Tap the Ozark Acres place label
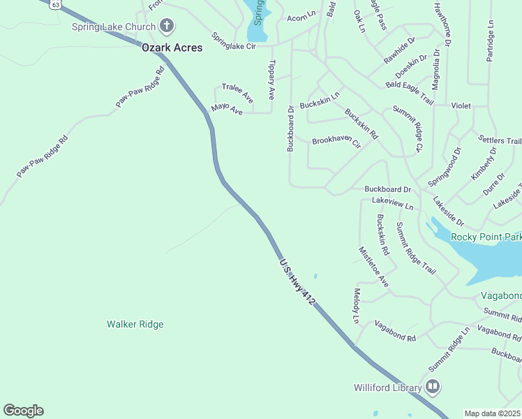tap(172, 47)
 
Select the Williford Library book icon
tap(433, 387)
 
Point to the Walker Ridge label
tap(135, 324)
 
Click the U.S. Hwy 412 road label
tap(297, 282)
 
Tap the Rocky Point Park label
tap(486, 237)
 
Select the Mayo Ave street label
tap(227, 110)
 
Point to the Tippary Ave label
tap(271, 79)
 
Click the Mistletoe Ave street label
tap(373, 267)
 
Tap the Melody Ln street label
tap(357, 306)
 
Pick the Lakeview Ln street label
tap(392, 203)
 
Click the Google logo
tap(23, 411)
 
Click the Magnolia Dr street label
tap(435, 70)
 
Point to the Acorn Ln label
tap(301, 13)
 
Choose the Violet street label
tap(461, 106)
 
